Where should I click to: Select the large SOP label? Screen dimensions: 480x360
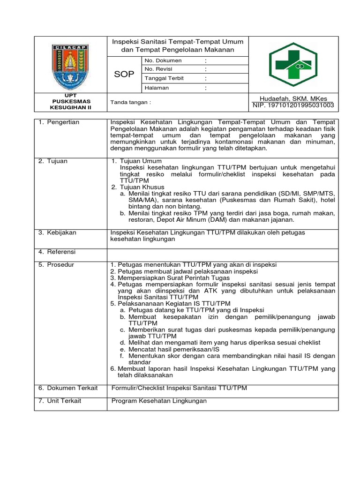click(x=124, y=75)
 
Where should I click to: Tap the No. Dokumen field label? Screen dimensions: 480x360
click(x=163, y=61)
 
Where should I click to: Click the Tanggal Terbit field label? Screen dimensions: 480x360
click(x=165, y=78)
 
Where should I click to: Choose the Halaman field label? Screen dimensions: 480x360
click(x=157, y=88)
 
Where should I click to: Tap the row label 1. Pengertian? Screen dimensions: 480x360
click(x=59, y=122)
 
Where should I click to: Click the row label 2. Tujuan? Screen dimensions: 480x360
click(x=53, y=161)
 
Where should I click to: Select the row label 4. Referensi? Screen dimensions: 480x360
click(x=57, y=252)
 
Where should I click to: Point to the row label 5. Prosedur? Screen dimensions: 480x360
click(x=56, y=265)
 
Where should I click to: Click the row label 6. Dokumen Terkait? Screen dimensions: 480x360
click(x=68, y=388)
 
